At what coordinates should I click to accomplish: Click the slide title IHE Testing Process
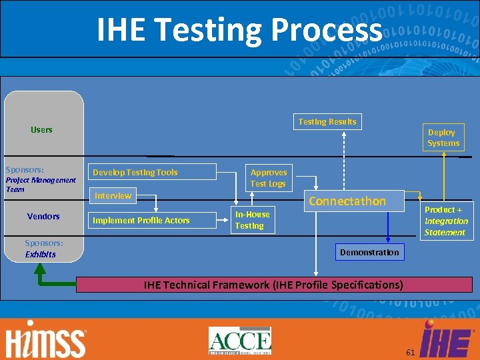tap(239, 30)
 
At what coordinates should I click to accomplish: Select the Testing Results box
tap(327, 121)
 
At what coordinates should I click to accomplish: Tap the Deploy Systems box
tap(443, 137)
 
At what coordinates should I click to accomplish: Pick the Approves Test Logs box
tap(268, 177)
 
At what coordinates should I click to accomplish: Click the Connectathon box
tap(347, 201)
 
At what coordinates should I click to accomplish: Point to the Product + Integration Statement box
tap(445, 221)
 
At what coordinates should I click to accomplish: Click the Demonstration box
tap(369, 252)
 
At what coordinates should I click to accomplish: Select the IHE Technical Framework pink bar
tap(273, 285)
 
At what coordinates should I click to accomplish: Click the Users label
tap(41, 129)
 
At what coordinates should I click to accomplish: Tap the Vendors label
tap(43, 216)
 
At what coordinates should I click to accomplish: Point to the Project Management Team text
tap(40, 185)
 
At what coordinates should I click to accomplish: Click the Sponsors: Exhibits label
tap(43, 249)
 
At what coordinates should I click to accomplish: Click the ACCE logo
tap(240, 341)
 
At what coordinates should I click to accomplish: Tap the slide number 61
tap(410, 351)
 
